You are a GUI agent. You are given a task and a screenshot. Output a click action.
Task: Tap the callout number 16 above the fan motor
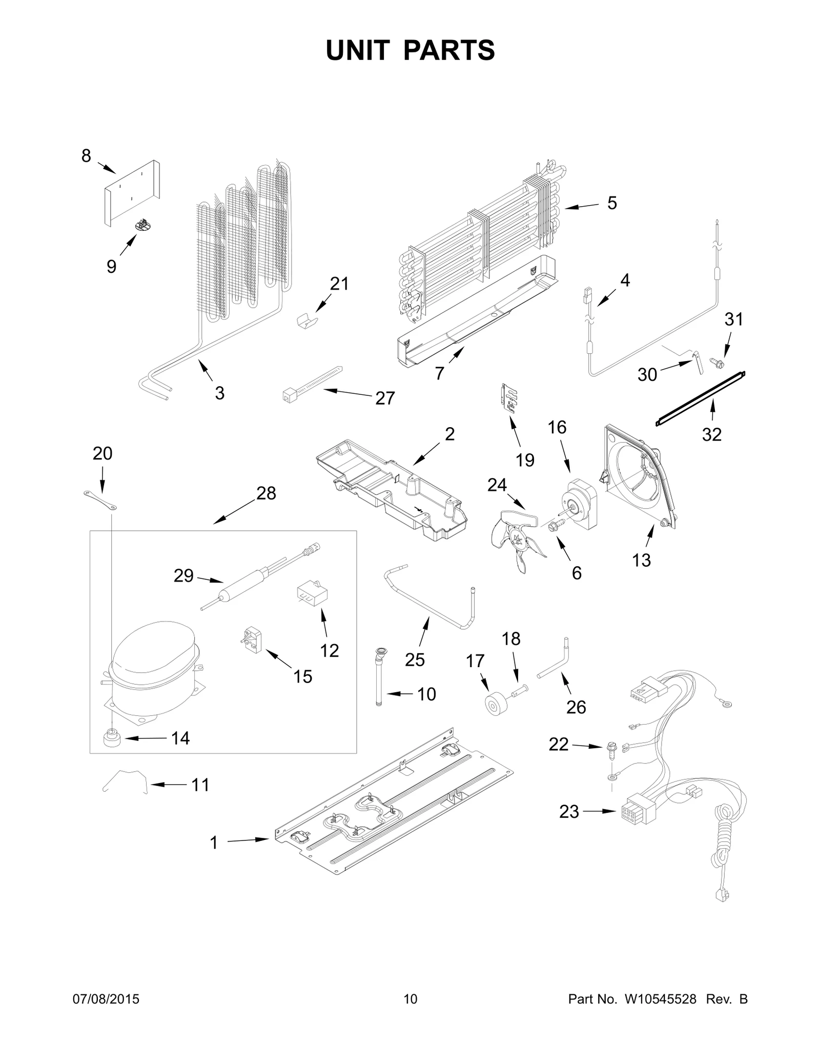pyautogui.click(x=557, y=427)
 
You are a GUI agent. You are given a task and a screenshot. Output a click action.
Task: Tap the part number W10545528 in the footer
pyautogui.click(x=660, y=999)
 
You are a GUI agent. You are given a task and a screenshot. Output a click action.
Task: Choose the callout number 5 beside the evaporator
pyautogui.click(x=612, y=203)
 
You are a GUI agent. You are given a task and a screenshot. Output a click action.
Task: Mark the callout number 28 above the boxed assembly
pyautogui.click(x=266, y=493)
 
